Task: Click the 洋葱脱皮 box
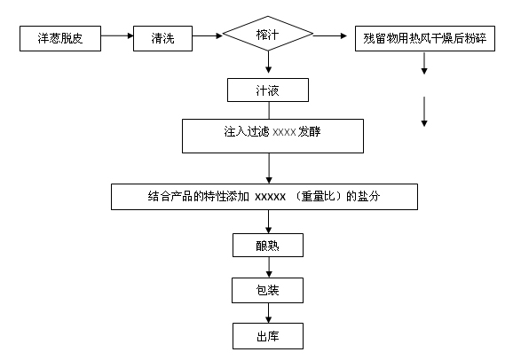tap(60, 39)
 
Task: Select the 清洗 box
tap(162, 39)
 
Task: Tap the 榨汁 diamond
tap(268, 34)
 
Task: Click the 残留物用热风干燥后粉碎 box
tap(425, 39)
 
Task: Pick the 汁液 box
tap(268, 90)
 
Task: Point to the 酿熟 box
tap(268, 245)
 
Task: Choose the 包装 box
tap(268, 290)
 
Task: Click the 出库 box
tap(268, 336)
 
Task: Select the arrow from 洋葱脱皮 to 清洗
tap(117, 35)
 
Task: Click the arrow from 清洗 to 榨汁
tap(208, 35)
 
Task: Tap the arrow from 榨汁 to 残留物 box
tap(330, 35)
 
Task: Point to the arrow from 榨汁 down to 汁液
tap(269, 62)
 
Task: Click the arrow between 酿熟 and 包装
tap(269, 267)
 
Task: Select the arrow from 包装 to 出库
tap(269, 313)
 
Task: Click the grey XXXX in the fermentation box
tap(284, 132)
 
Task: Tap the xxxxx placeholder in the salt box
tap(270, 197)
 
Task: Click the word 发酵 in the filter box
tap(309, 131)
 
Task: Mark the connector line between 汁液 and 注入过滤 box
tap(269, 110)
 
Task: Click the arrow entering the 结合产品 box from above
tap(269, 168)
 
